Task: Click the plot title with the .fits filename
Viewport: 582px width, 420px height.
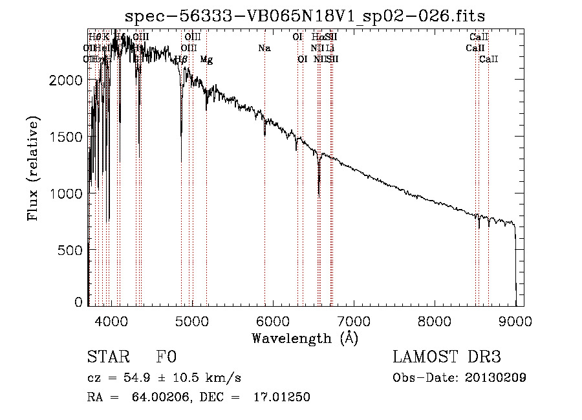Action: point(305,16)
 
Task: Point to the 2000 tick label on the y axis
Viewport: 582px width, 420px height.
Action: point(67,80)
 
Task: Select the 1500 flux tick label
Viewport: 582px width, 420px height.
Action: point(67,137)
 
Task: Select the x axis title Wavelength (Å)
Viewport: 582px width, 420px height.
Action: point(305,338)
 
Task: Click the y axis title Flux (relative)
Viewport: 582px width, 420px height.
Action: point(33,168)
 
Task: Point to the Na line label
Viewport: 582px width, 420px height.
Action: point(264,48)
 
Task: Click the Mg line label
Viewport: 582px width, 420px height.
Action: point(206,60)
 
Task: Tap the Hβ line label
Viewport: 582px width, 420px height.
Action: point(181,60)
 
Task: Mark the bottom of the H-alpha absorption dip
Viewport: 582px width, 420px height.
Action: point(319,193)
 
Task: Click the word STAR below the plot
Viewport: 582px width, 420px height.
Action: point(105,358)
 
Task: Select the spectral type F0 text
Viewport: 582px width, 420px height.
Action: point(166,358)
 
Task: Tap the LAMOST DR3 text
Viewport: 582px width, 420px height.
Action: point(447,358)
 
